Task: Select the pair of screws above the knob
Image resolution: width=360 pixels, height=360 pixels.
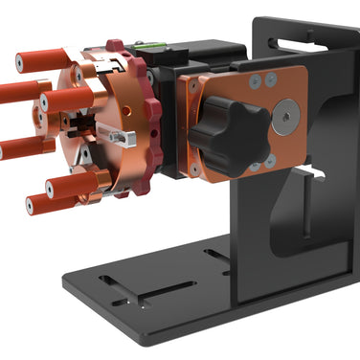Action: (262, 82)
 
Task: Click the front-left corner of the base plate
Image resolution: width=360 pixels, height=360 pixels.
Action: (144, 340)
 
